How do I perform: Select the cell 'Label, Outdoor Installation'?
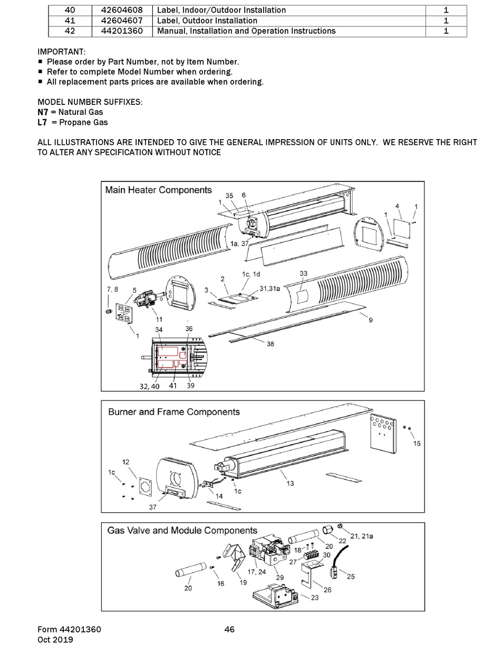(207, 21)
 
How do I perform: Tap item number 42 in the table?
(70, 31)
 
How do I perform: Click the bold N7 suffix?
(43, 112)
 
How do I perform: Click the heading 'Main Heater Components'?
(158, 190)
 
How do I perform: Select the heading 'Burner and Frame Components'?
(174, 412)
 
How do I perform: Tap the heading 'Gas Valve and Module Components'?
(182, 531)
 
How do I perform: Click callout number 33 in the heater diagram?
(303, 274)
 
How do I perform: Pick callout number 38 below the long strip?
(270, 345)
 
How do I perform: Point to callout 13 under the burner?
(290, 483)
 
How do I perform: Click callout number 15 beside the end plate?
(417, 444)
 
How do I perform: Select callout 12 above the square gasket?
(126, 462)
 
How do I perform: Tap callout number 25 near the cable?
(351, 577)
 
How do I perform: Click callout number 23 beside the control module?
(315, 598)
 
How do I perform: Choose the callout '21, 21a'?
(362, 536)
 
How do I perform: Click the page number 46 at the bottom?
(229, 629)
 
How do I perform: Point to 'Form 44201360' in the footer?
(69, 629)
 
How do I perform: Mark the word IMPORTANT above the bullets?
(61, 52)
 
